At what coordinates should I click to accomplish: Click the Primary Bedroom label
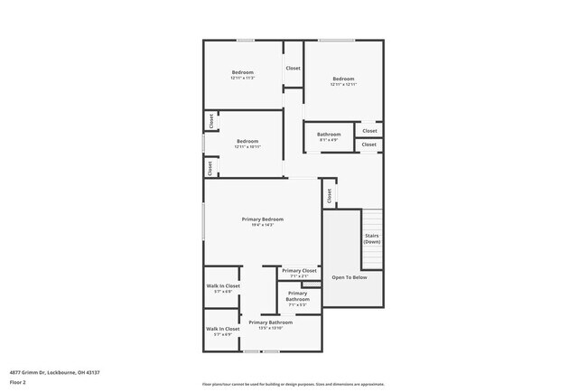coord(263,219)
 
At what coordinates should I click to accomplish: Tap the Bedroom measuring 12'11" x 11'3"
coord(243,72)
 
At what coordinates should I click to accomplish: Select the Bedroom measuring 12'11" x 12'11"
coord(343,79)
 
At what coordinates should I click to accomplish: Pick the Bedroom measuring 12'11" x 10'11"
coord(247,141)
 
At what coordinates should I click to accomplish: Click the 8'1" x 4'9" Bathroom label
coord(329,135)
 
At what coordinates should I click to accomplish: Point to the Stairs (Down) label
coord(372,238)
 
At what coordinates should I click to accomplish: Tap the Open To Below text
coord(349,277)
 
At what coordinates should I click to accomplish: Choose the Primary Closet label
coord(299,270)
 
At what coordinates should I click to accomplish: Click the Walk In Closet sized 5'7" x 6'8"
coord(223,285)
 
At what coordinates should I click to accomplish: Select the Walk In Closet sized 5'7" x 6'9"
coord(223,329)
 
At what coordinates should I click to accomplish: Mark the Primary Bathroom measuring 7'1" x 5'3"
coord(298,295)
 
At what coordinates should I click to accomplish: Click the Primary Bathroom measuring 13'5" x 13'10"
coord(271,322)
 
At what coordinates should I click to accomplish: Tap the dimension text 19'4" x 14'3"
coord(263,225)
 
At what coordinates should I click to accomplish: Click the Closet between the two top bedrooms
coord(293,69)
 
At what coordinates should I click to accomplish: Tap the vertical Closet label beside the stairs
coord(329,193)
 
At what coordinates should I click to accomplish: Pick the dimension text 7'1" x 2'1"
coord(299,275)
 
